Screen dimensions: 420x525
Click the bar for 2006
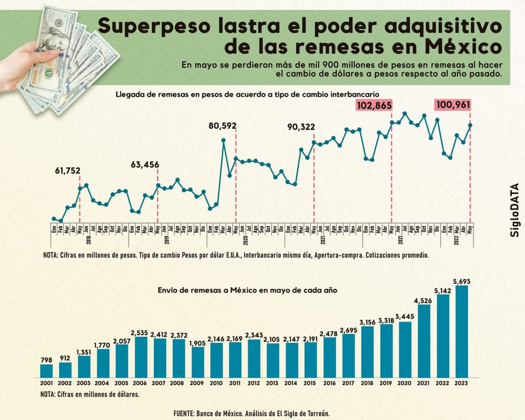141,357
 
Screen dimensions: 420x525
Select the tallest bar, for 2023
461,331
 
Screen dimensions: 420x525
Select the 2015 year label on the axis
311,383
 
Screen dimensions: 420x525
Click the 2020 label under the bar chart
405,383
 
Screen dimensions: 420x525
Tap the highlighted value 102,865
374,106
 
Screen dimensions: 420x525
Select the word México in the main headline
461,47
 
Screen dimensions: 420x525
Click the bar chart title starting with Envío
248,290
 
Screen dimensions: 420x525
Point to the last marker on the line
470,125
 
